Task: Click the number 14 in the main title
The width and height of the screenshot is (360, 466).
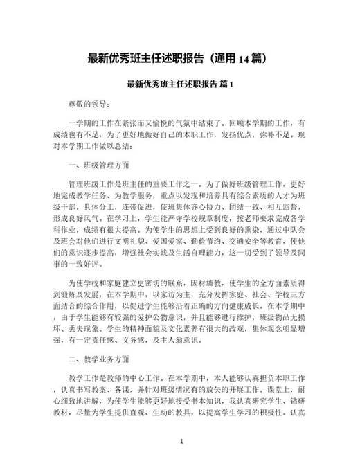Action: click(244, 59)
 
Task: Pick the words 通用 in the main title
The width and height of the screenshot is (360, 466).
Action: click(226, 59)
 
